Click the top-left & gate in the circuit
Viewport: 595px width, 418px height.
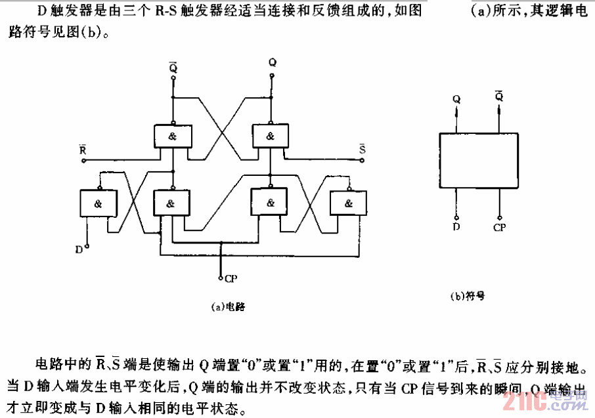pos(172,136)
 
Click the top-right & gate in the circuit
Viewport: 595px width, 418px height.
pos(270,136)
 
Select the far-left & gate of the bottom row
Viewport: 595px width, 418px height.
pos(97,203)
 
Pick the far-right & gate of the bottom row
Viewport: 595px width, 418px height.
pos(347,203)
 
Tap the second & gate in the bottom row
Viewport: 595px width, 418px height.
pos(171,203)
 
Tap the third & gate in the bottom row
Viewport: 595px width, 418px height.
pos(270,203)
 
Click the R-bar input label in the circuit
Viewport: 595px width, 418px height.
pos(81,150)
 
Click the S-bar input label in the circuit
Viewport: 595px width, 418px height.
pos(362,150)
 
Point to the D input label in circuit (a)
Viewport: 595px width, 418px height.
pos(78,249)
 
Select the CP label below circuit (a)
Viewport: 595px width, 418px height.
pos(230,278)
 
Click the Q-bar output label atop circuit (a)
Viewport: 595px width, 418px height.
pos(173,66)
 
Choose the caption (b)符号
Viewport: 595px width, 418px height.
pos(468,296)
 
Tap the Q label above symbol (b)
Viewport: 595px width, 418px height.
pos(456,99)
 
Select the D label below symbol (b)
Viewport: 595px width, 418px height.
pos(456,226)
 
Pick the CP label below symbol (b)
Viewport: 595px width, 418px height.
pos(500,227)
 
